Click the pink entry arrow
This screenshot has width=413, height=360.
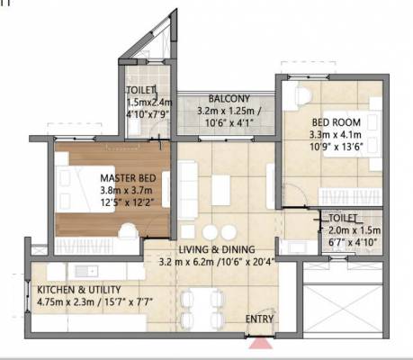pos(261,344)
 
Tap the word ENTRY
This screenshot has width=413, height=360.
pos(259,319)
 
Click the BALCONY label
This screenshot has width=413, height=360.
pos(229,99)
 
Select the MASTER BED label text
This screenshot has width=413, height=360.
pos(128,178)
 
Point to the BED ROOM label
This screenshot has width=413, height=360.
pos(337,122)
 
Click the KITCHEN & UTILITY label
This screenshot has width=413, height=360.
pos(79,290)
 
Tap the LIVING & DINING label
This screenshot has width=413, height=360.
pos(217,249)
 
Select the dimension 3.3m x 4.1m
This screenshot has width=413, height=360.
pos(336,135)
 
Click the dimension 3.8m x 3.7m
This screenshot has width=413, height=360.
pos(126,191)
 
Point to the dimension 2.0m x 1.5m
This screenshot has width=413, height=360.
pos(355,230)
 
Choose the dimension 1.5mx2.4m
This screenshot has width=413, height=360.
pos(149,103)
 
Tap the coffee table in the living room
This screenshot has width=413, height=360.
pos(221,190)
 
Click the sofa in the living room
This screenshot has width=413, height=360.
pos(187,191)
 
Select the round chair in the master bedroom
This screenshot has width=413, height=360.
pos(129,231)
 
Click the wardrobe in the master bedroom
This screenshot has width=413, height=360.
pos(97,246)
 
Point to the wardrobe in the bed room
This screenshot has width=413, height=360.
pos(350,197)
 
